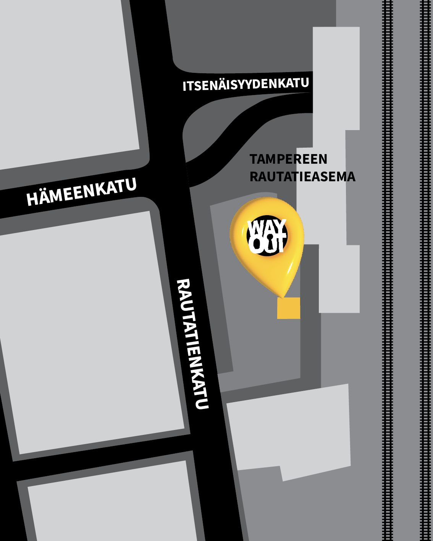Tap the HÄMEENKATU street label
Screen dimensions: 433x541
pos(81,193)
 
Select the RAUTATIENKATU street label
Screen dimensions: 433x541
pos(194,344)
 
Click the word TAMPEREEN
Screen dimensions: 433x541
pos(288,159)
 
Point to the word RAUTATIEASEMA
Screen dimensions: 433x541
pos(302,177)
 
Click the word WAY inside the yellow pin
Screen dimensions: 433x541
pos(267,228)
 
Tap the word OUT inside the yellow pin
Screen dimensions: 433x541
pos(267,246)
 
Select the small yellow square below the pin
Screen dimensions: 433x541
pos(288,308)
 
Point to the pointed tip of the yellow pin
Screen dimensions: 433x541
pos(283,296)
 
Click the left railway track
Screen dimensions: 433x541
pos(388,267)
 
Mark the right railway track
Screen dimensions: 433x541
pos(425,267)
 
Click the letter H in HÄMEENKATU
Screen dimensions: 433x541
pos(31,199)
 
